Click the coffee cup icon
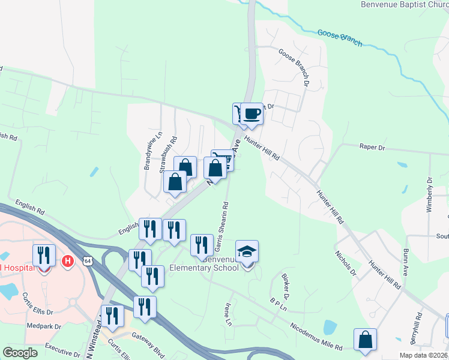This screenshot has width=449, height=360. (x=253, y=113)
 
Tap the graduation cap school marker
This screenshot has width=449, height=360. (x=247, y=251)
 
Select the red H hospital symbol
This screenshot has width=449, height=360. (x=68, y=261)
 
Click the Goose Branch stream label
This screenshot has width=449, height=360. (x=340, y=38)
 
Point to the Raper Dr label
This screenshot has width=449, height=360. (x=372, y=146)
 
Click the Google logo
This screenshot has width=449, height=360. (x=20, y=352)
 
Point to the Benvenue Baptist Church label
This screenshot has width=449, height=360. (x=404, y=4)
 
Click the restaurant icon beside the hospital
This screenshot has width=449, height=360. (x=44, y=255)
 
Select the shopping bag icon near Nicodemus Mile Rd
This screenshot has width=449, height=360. (x=365, y=340)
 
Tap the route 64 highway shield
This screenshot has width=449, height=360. (x=88, y=261)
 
